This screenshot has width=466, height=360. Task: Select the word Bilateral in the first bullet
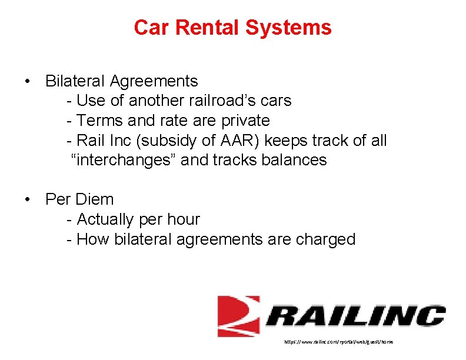74,81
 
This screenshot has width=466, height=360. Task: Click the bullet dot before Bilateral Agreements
28,81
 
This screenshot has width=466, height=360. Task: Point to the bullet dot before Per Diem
28,199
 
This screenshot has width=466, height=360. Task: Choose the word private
245,121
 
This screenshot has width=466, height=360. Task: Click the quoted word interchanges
124,160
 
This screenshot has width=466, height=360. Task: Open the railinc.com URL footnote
338,341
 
